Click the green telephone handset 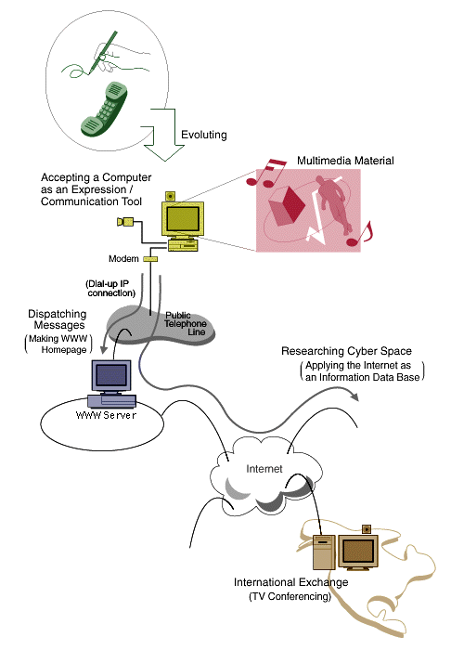(104, 109)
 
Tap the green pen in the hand (103, 52)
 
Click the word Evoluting (204, 135)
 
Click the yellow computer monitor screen (183, 218)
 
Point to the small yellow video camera (125, 222)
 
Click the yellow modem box (150, 259)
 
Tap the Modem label (123, 259)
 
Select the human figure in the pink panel (333, 202)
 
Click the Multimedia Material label (345, 161)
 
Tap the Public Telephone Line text (185, 323)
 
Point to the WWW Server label (106, 415)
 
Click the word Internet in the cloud (264, 469)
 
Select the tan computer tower (324, 552)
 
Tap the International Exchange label (290, 582)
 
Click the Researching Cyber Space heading (346, 351)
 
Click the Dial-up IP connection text (110, 289)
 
